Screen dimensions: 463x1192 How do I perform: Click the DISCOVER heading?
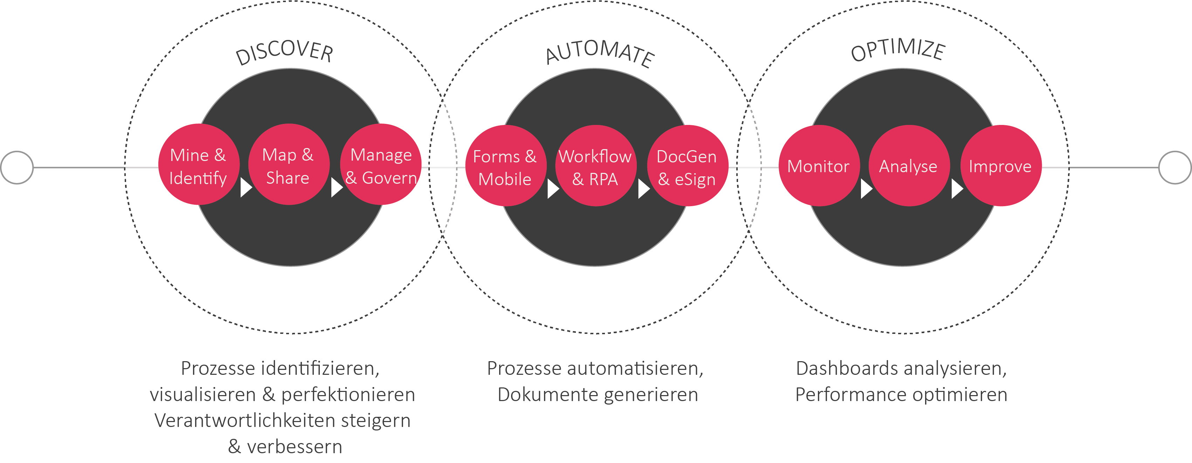click(x=284, y=52)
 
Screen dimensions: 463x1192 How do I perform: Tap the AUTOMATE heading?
click(x=600, y=53)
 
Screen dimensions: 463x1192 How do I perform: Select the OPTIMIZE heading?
click(x=898, y=50)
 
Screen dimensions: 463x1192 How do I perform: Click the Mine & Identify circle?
click(x=199, y=165)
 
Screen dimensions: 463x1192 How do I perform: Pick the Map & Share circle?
click(x=288, y=165)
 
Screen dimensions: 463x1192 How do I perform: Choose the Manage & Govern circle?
click(x=381, y=165)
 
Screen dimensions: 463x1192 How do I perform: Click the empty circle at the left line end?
click(x=17, y=167)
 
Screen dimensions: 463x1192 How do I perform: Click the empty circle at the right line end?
click(x=1175, y=167)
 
